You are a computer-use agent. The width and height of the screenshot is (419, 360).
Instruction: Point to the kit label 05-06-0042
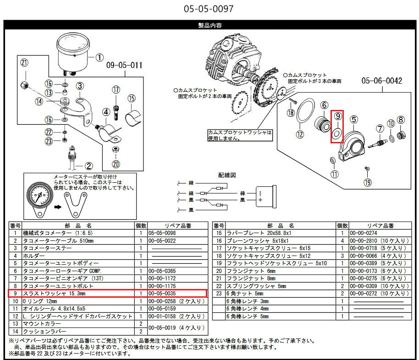coord(381,81)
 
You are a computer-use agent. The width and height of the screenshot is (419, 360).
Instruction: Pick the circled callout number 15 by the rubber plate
coord(132,98)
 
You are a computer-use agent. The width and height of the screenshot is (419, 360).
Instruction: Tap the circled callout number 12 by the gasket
coord(300,135)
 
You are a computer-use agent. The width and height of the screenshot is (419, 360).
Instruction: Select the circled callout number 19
coord(367,183)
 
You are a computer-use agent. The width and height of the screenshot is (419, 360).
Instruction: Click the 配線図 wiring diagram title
coord(227,175)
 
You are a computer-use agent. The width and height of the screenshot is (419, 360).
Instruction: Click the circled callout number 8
coord(401,120)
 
